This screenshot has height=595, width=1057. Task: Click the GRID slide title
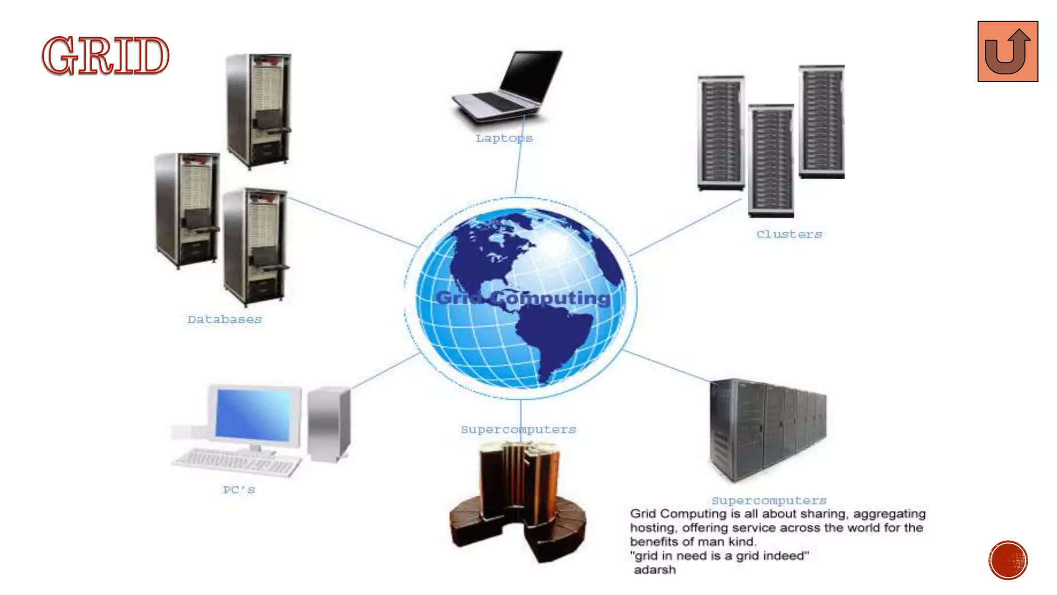105,56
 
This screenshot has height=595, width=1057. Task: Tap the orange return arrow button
1007,52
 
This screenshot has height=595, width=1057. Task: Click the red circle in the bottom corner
1008,560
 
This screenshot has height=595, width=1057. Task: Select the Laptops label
504,138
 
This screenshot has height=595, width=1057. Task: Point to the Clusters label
789,234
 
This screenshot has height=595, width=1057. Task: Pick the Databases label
225,320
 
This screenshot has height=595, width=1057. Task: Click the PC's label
238,490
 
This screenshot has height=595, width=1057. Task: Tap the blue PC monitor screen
253,415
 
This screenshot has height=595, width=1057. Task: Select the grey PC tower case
329,424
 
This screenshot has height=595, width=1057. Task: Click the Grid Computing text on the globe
523,298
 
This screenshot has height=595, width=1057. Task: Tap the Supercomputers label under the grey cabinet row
768,500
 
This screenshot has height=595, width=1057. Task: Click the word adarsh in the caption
654,570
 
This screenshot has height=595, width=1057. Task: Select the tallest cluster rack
822,121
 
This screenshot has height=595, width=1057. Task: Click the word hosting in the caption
653,528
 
